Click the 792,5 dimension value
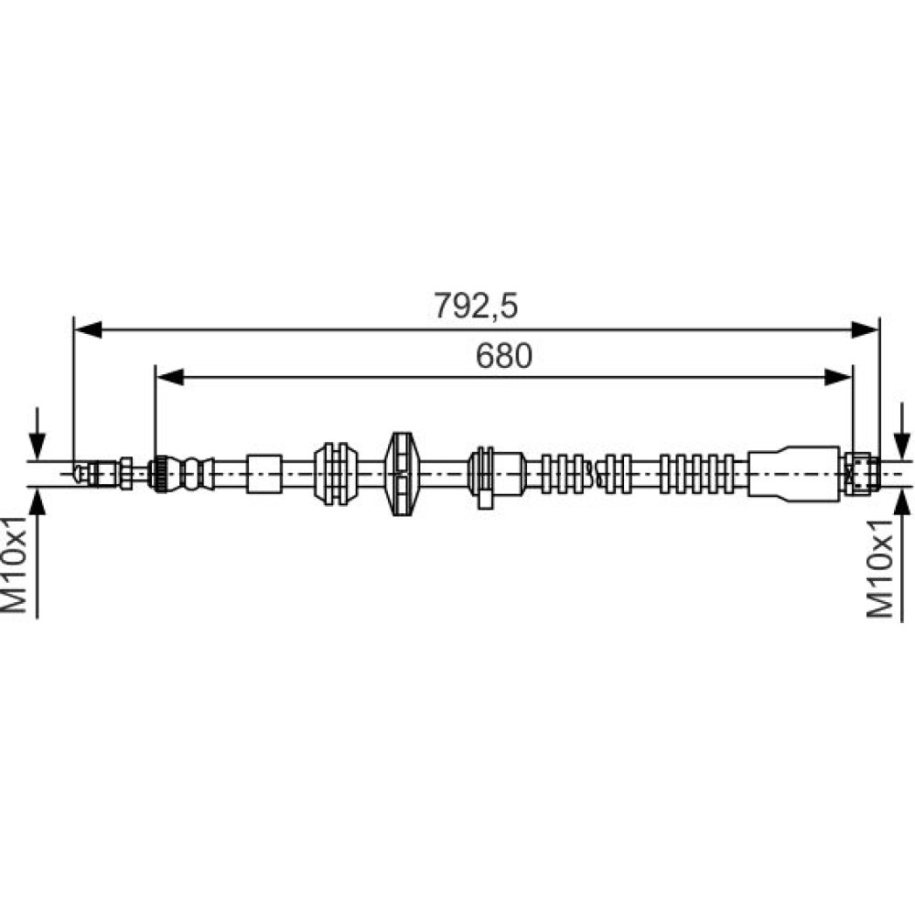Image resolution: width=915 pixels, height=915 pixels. click(x=476, y=307)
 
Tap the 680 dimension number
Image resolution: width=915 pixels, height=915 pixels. click(x=504, y=356)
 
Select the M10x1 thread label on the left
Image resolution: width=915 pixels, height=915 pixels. click(x=15, y=565)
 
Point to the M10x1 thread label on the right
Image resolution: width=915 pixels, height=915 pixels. click(x=880, y=568)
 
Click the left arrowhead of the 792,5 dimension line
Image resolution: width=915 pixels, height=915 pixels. click(x=89, y=329)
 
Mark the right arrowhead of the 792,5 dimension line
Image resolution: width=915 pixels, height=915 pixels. click(x=865, y=329)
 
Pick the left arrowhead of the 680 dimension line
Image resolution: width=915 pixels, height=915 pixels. click(x=170, y=377)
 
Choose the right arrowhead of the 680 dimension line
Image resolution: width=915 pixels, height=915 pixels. click(x=838, y=377)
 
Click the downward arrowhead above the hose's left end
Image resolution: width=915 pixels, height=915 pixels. click(x=38, y=447)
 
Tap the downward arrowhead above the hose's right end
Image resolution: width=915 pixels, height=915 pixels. click(x=902, y=447)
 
